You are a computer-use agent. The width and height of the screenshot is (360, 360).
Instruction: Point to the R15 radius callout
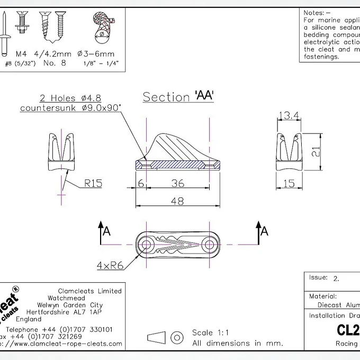pyautogui.click(x=93, y=184)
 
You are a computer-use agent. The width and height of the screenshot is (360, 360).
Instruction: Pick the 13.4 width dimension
pyautogui.click(x=289, y=116)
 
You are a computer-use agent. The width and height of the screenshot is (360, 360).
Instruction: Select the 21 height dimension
pyautogui.click(x=316, y=152)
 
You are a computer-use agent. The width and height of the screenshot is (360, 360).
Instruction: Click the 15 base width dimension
pyautogui.click(x=289, y=183)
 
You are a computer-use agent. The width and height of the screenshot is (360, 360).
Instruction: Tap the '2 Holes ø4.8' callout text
pyautogui.click(x=69, y=98)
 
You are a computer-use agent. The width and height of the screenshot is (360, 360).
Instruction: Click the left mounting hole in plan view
pyautogui.click(x=147, y=244)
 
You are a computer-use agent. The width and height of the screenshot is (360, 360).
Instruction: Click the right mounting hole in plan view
pyautogui.click(x=210, y=244)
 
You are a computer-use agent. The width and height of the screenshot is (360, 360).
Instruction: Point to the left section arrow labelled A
pyautogui.click(x=103, y=232)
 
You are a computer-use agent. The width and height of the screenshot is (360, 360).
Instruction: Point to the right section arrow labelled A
pyautogui.click(x=261, y=232)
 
